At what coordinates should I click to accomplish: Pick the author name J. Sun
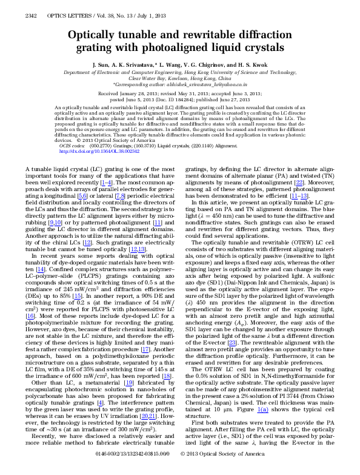[x=102, y=64]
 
